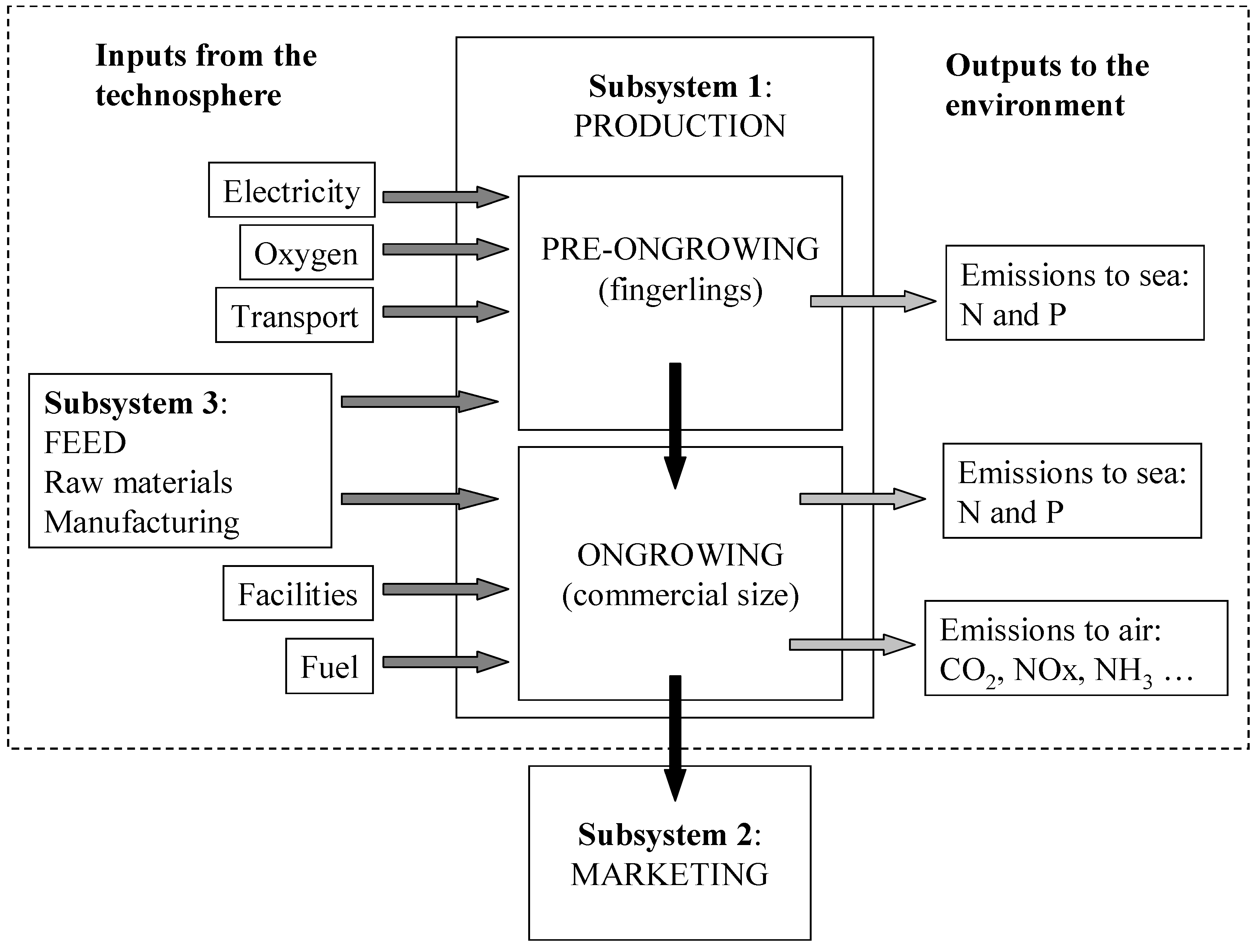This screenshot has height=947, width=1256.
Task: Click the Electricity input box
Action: coord(291,189)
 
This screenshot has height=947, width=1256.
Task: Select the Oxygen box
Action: coord(306,252)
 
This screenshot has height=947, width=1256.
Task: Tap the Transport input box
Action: coord(294,315)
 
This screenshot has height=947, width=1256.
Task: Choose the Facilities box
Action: coord(297,593)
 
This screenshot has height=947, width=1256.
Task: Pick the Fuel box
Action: coord(329,666)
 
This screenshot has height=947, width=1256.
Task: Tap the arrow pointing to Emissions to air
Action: coord(852,644)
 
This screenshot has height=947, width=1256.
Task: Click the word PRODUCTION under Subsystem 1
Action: coord(680,126)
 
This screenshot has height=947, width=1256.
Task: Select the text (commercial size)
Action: coord(680,595)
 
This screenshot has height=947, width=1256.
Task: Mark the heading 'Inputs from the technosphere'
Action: coord(206,75)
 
